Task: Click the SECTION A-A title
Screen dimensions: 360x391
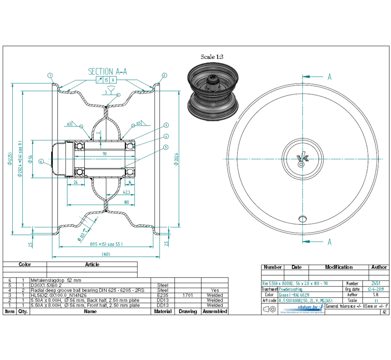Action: coord(108,72)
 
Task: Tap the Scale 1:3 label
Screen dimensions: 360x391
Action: coord(212,57)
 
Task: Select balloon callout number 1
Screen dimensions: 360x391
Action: coord(51,75)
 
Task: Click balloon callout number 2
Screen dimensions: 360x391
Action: coord(164,75)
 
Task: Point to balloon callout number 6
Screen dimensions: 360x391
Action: coord(41,161)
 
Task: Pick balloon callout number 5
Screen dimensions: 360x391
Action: coord(166,147)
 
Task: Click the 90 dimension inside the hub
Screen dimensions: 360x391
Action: coord(104,154)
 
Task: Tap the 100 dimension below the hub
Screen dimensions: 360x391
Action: coord(127,202)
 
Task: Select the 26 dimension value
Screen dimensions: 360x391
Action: coord(76,183)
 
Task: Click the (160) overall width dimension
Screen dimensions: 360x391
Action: coord(105,254)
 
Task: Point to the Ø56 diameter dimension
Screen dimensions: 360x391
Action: coord(30,158)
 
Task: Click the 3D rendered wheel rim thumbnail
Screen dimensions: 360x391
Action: coord(213,94)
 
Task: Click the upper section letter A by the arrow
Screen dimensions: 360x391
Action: coord(329,77)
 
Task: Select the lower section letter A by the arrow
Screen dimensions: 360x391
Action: coord(329,242)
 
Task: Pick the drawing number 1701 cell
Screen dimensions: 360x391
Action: coord(188,295)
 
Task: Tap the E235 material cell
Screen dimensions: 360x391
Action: coord(163,295)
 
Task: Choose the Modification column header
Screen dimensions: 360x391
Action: coord(338,267)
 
